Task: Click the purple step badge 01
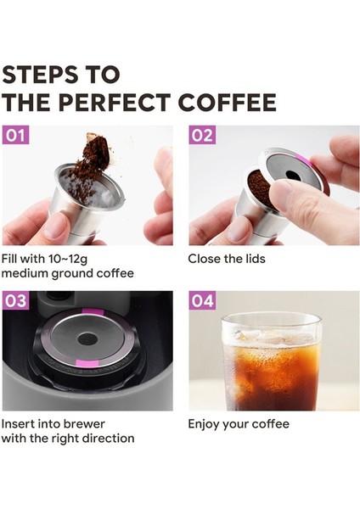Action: point(16,136)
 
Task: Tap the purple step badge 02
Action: point(203,136)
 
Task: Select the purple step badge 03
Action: point(16,301)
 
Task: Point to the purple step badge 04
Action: point(203,301)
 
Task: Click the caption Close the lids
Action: point(227,258)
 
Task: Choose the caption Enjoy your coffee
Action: point(239,423)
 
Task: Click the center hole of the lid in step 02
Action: point(290,175)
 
